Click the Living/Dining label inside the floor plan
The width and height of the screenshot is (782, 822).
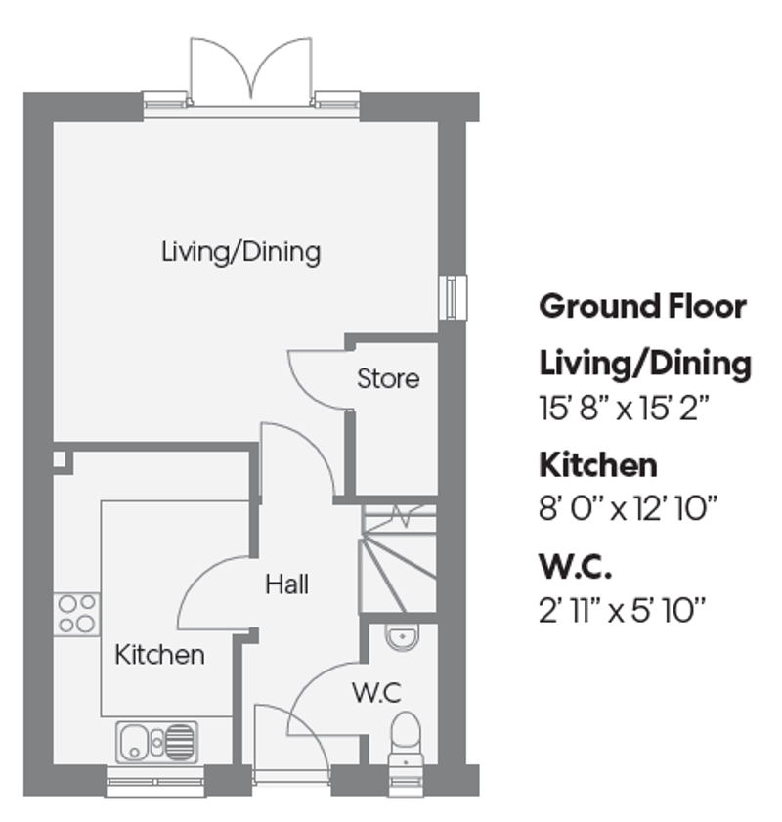coord(240,252)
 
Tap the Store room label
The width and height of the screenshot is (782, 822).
coord(388,378)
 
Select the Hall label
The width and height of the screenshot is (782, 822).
coord(287,584)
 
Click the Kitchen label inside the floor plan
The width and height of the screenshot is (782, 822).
coord(160,654)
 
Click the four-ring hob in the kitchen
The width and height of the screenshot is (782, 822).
coord(77,614)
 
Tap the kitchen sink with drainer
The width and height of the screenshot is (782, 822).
coord(156,742)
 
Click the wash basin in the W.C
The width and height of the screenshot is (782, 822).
coord(401,638)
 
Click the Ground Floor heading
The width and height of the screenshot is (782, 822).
coord(642,306)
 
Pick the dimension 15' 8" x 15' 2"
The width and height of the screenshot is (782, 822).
coord(624,408)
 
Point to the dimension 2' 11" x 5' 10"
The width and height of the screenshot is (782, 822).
coord(622,611)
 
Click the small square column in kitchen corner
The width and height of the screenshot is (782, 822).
coord(61,457)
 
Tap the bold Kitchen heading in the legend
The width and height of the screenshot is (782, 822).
coord(598,464)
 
